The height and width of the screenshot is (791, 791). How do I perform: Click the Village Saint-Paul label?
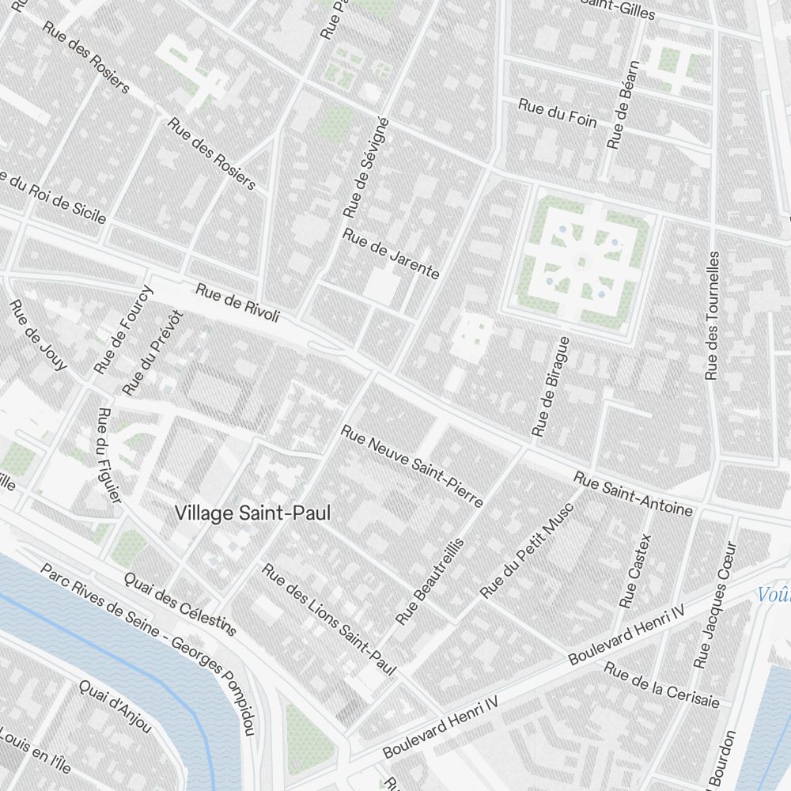pos(252,513)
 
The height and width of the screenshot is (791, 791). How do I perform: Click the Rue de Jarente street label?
pos(391,254)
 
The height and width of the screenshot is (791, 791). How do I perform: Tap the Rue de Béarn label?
pos(623,105)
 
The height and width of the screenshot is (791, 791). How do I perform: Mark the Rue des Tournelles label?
pos(713,315)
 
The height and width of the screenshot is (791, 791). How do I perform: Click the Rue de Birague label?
pos(551,386)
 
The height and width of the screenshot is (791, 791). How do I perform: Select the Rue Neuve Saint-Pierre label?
pos(411,466)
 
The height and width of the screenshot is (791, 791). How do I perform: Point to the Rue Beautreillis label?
pos(430,581)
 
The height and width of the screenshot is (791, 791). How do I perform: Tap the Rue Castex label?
pos(637,570)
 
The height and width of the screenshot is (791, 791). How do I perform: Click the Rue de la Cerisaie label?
pos(662,685)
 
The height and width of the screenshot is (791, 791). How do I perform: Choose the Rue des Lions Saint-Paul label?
pos(328,619)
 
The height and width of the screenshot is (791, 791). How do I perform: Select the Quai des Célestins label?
pos(180,603)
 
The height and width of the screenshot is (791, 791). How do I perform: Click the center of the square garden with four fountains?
pos(582,261)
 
